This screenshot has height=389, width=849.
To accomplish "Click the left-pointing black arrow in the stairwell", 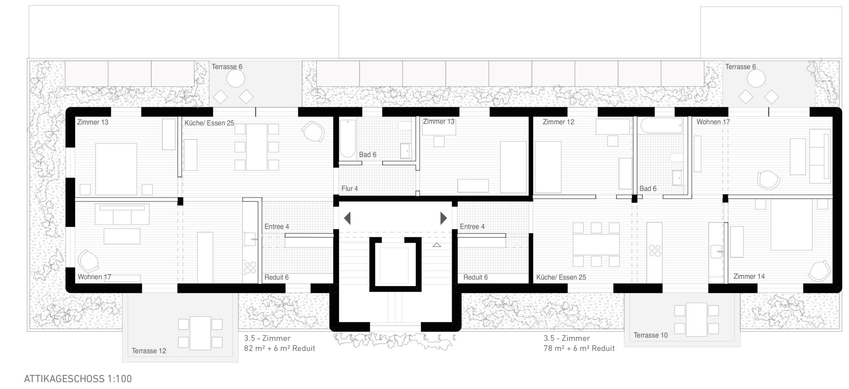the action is pos(347,218).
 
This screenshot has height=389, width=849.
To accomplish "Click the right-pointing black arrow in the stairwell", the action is pos(444,218).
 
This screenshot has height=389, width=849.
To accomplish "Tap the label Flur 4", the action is pos(349,188).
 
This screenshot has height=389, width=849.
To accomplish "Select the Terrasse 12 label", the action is pos(149,351).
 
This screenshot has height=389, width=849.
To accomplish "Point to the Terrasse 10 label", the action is pos(650,335).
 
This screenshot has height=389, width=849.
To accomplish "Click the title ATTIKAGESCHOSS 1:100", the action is pos(78,379).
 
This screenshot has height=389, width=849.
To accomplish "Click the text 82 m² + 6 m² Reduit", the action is pos(279,348).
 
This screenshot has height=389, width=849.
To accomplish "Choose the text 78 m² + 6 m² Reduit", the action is pos(579,348).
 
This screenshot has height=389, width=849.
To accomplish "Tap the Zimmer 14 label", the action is pos(749,276).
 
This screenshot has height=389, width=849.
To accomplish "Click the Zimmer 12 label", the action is pos(558,122).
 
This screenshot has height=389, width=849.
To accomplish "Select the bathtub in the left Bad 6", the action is pos(348,139).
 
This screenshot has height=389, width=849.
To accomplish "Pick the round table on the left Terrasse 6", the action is pos(235,78).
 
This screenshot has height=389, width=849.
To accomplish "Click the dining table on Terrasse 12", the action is pos(200,333).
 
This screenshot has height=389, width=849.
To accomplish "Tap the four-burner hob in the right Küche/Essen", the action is pos(655,251).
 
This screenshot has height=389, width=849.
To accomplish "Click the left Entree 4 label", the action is pos(277,227).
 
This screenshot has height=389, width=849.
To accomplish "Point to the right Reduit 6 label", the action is pos(475,277).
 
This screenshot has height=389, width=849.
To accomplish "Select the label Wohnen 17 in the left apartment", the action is pos(94,277).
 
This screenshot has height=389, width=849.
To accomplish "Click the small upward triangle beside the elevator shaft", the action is pos(437,245).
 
